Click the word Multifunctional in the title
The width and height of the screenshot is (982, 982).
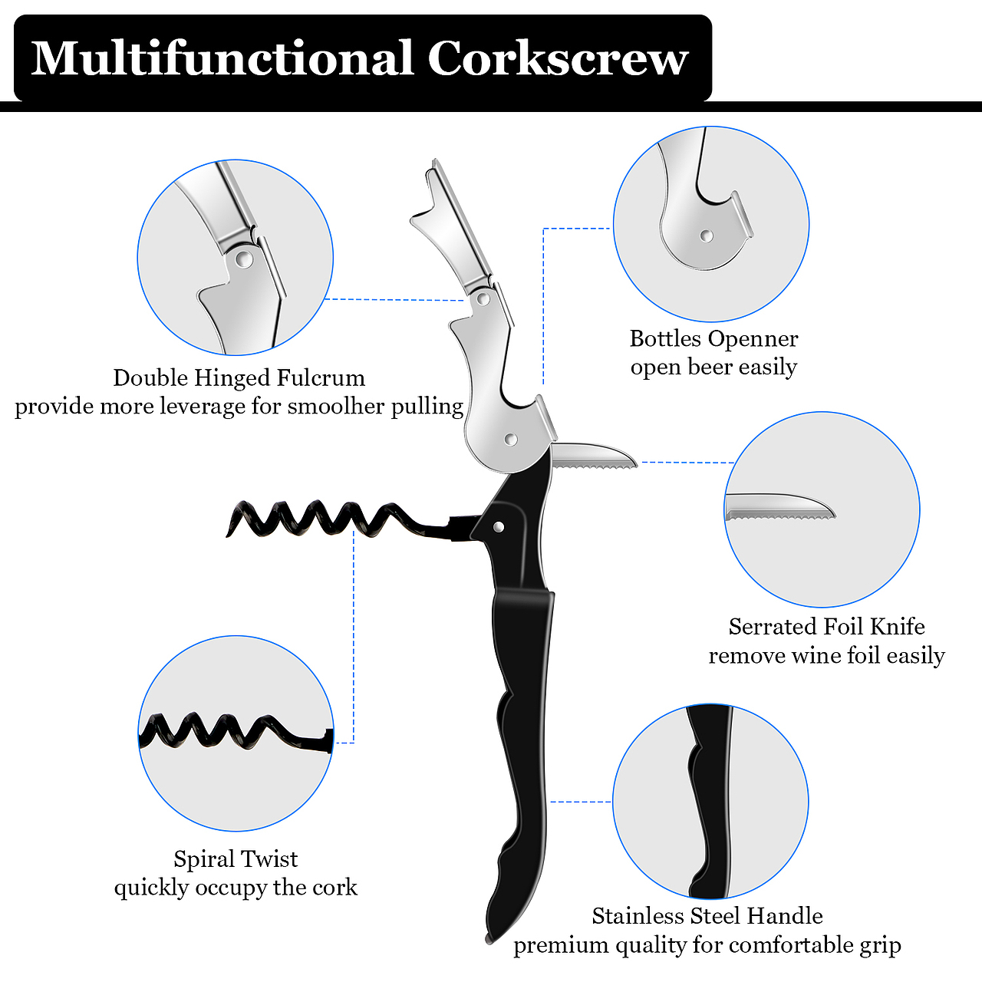coord(222,58)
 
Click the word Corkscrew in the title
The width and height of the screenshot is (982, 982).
coord(558,58)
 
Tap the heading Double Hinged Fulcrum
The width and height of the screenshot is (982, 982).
coord(239,377)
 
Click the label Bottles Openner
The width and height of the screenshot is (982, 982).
coord(713,338)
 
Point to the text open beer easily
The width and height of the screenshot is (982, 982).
coord(713,367)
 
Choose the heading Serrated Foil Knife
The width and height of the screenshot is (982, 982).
coord(826,627)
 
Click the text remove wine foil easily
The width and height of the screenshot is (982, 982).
coord(826,656)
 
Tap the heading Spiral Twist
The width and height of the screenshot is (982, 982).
coord(236,858)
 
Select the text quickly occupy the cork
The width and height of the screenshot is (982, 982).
coord(236,888)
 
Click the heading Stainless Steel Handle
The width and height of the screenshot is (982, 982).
coord(707,916)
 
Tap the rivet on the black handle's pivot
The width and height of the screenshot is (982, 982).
coord(499,526)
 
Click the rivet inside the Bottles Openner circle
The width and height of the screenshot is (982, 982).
coord(707,236)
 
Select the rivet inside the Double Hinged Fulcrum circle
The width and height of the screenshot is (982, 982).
coord(244,259)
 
